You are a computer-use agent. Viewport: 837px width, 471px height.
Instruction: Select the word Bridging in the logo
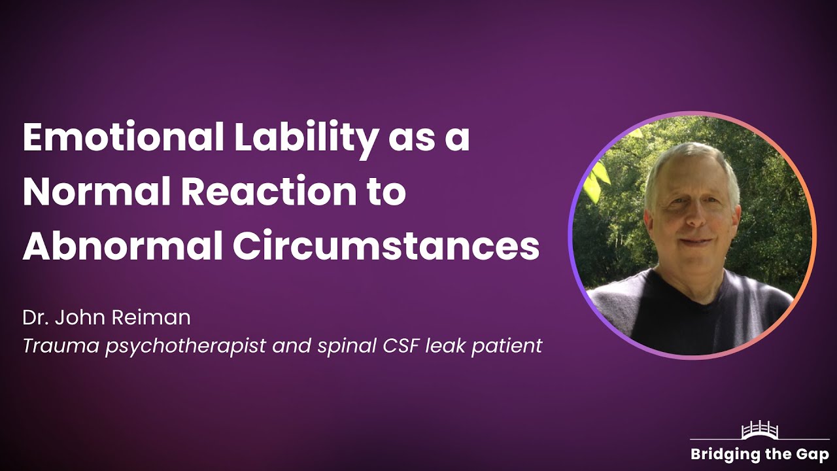point(723,455)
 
